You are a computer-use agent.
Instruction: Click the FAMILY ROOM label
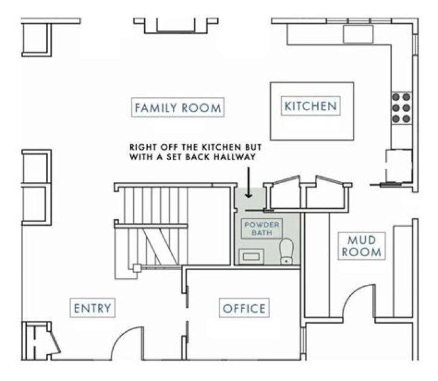[178, 108]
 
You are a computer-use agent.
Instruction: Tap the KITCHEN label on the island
[310, 107]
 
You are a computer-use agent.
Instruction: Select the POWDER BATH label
[262, 229]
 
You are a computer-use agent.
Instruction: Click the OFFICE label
[243, 309]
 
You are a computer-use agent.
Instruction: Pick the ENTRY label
[92, 308]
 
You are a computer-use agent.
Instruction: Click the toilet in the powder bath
[286, 250]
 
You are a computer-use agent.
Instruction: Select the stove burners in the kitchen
[401, 107]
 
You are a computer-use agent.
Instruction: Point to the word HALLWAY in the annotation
[231, 157]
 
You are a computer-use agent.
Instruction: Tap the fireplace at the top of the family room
[176, 25]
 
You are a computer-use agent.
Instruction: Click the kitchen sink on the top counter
[357, 34]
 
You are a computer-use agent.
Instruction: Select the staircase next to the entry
[152, 228]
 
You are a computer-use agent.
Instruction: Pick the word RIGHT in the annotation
[144, 147]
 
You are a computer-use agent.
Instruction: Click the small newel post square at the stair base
[137, 267]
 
